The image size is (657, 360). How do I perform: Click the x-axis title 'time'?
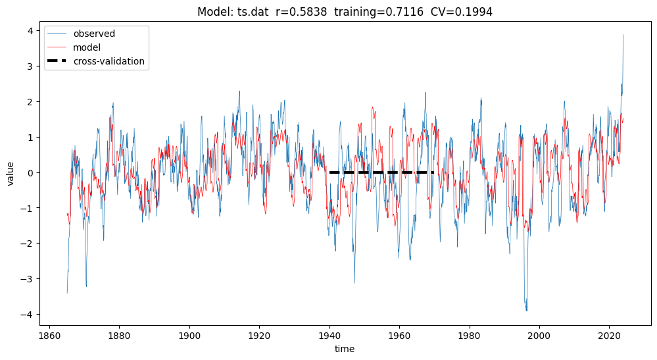pos(345,349)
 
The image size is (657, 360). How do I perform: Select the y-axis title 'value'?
pos(11,172)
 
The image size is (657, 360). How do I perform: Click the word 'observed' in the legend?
pos(93,34)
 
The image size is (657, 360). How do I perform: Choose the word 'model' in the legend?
pos(87,48)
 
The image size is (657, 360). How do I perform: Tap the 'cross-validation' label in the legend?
pos(109,62)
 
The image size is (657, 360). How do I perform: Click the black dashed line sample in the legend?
pos(58,62)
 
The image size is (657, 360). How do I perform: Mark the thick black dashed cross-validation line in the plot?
pos(381,172)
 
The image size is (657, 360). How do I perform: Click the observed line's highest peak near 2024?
pos(623,36)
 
